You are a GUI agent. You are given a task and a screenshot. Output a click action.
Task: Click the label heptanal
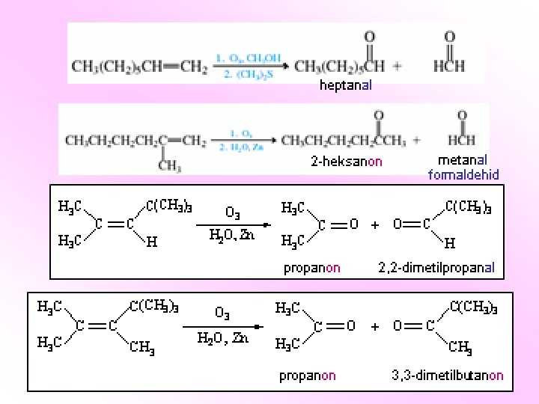pyautogui.click(x=345, y=85)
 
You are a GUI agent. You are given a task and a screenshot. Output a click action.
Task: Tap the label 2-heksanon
pyautogui.click(x=347, y=161)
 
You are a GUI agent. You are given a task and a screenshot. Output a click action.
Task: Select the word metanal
pyautogui.click(x=463, y=160)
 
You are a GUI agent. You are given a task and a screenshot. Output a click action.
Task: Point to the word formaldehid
pyautogui.click(x=463, y=175)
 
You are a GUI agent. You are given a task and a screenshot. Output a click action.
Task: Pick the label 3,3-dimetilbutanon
pyautogui.click(x=447, y=376)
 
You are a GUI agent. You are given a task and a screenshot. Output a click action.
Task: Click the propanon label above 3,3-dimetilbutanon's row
pyautogui.click(x=308, y=376)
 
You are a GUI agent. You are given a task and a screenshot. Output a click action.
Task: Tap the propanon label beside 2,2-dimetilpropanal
pyautogui.click(x=311, y=267)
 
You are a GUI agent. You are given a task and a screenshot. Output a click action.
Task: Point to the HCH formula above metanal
pyautogui.click(x=460, y=140)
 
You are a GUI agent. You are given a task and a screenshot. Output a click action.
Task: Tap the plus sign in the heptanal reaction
pyautogui.click(x=398, y=66)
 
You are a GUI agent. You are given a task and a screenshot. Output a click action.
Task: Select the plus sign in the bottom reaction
pyautogui.click(x=375, y=326)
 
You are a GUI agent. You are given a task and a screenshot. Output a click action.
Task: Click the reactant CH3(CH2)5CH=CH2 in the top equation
pyautogui.click(x=139, y=67)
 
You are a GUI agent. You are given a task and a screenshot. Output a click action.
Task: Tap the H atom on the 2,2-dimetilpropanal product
pyautogui.click(x=449, y=243)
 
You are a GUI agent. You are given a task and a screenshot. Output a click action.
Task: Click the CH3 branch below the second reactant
pyautogui.click(x=169, y=166)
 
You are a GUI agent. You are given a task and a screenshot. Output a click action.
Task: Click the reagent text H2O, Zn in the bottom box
pyautogui.click(x=223, y=338)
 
